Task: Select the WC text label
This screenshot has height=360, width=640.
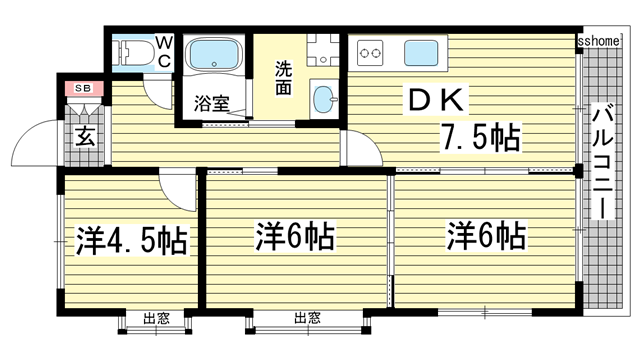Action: tap(165, 52)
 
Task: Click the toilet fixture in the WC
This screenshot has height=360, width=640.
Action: tap(134, 53)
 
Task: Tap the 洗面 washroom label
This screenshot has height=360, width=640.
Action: tap(284, 79)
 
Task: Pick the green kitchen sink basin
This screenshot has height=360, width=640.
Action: tap(423, 51)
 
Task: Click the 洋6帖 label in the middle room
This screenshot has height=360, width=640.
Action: tap(294, 238)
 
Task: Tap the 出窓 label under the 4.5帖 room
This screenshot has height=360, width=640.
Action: tap(155, 320)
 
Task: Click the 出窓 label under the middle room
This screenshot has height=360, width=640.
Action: tap(307, 320)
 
